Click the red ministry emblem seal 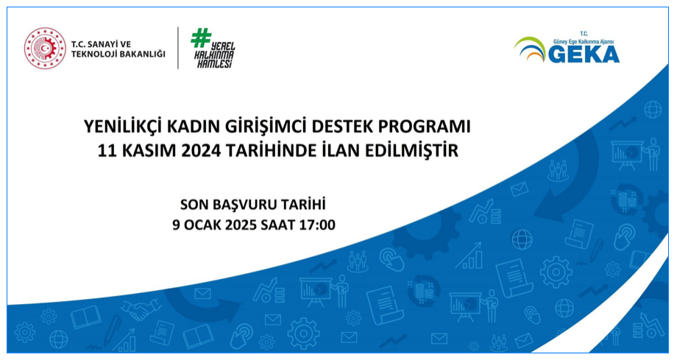pos(45,48)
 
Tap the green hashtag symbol pos(201,38)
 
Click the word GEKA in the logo pos(583,54)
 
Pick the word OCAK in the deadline pos(204,225)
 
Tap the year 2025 pos(244,225)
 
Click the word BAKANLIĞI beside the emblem pos(143,54)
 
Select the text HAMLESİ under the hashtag pos(214,64)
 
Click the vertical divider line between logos pos(178,48)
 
